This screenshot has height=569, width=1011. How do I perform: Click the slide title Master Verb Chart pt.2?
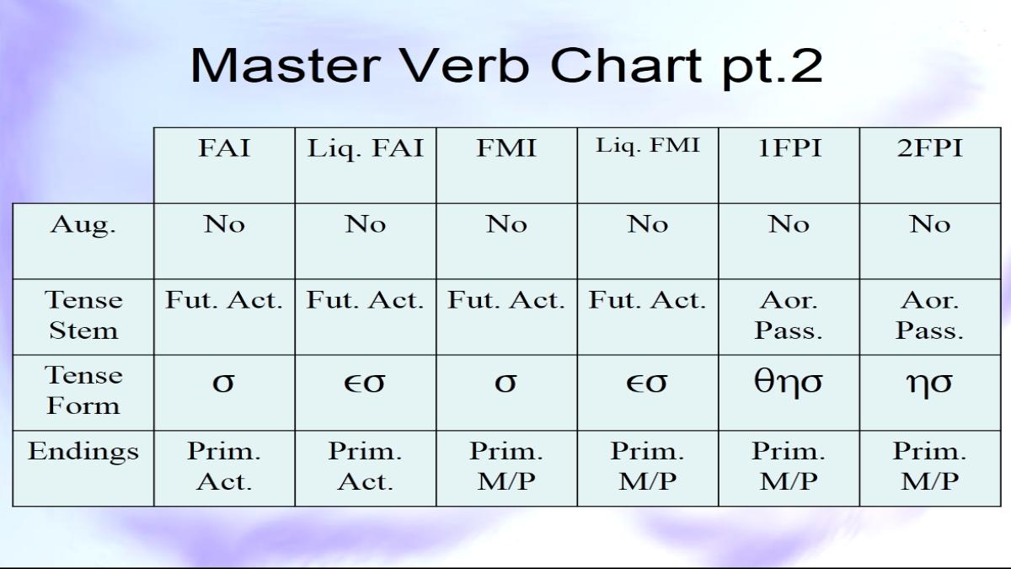click(506, 67)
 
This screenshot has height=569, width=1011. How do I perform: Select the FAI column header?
click(224, 148)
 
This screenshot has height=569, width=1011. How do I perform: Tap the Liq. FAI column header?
click(366, 149)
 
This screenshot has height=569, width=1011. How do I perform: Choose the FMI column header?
click(506, 148)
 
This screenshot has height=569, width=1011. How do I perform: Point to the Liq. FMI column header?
click(648, 145)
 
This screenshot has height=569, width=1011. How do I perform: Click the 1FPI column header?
click(789, 148)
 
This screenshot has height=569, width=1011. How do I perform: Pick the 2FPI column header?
click(930, 148)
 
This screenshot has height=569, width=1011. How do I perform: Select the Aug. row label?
click(83, 225)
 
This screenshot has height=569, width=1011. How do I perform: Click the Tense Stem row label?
click(83, 315)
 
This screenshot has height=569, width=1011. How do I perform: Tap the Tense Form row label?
click(83, 390)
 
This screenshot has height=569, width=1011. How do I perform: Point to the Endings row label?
click(83, 452)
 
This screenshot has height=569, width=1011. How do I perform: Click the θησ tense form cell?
click(789, 383)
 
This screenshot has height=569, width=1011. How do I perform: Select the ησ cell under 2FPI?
click(930, 384)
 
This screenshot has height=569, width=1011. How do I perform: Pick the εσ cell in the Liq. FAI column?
click(365, 383)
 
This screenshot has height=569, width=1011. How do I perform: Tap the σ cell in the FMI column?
click(505, 383)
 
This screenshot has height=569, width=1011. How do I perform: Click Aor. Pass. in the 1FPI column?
click(789, 315)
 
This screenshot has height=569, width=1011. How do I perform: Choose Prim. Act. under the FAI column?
click(224, 466)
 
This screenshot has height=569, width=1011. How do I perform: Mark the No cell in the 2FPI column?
click(930, 224)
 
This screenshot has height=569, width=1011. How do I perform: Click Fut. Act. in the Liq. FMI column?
click(648, 300)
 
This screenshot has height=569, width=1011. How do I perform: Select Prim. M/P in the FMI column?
click(506, 466)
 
